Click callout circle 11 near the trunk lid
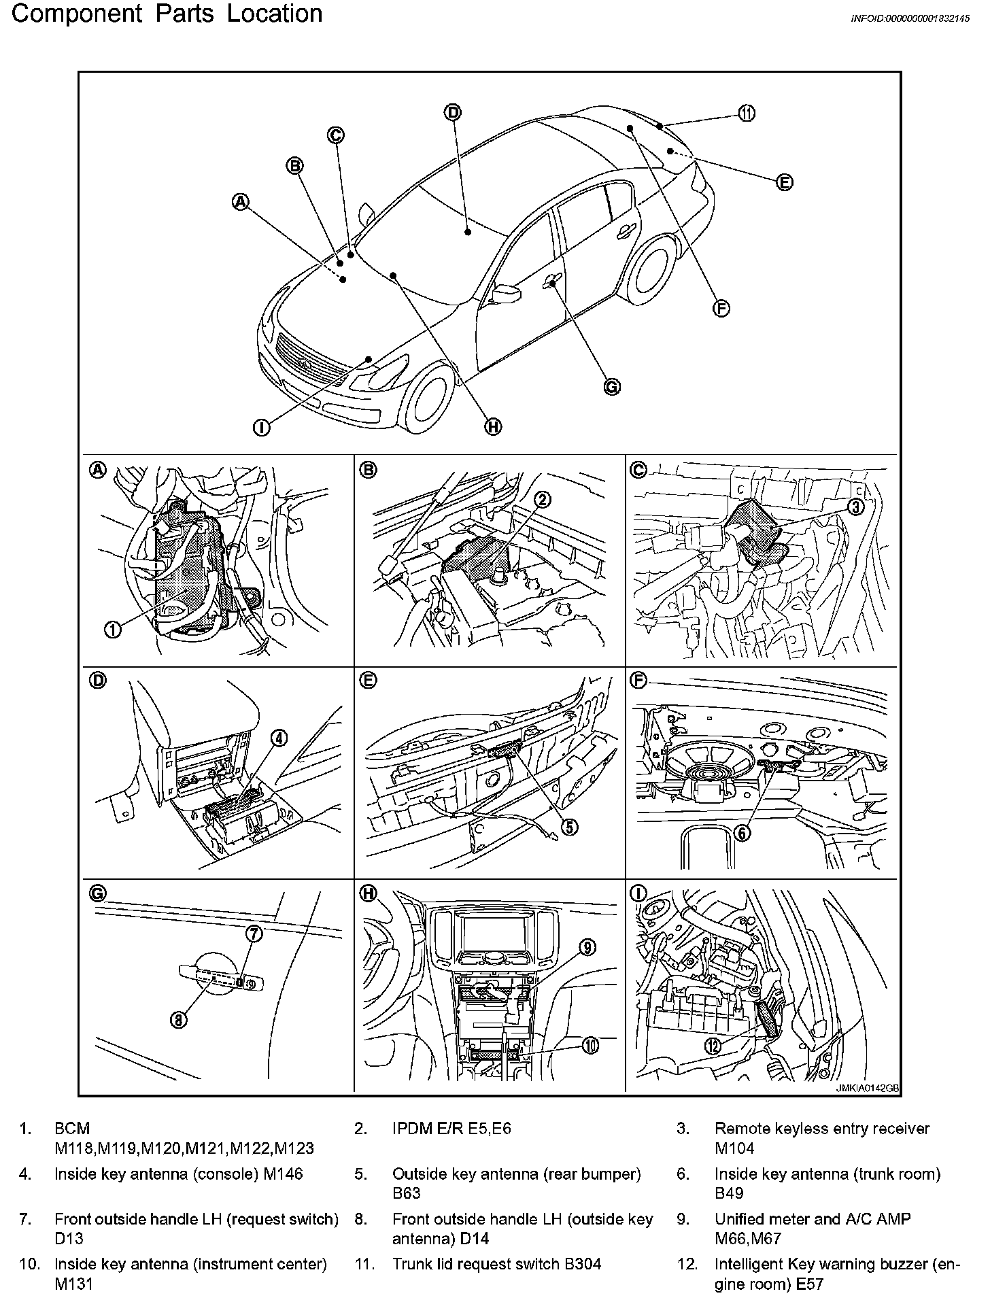747,114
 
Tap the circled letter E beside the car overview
785,182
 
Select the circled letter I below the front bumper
262,427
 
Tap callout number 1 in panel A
113,630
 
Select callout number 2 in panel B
543,500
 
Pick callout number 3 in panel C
855,507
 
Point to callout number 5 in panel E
569,826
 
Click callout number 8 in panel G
179,1020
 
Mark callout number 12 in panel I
713,1046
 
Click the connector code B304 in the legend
582,1264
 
